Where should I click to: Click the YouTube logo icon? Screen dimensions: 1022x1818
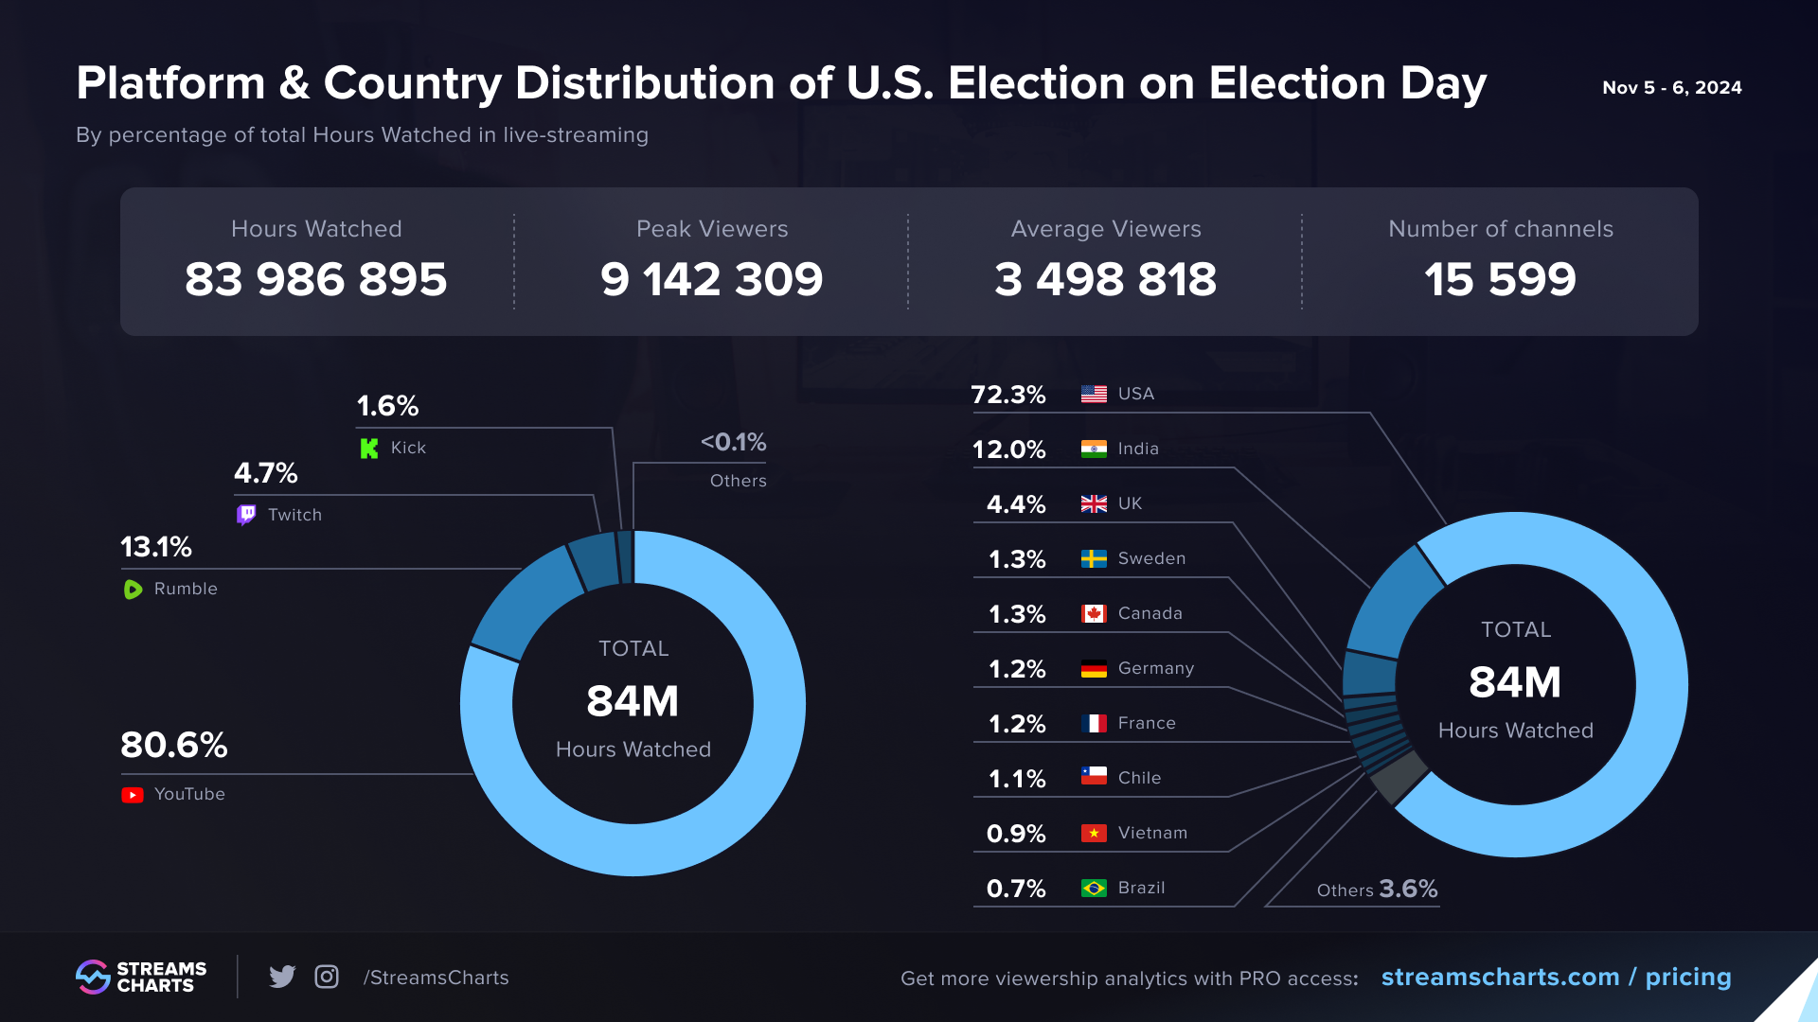[x=133, y=795]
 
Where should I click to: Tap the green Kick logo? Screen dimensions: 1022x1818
[x=369, y=449]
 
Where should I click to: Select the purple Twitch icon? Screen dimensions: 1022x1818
[x=246, y=515]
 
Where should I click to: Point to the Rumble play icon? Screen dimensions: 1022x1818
[x=133, y=590]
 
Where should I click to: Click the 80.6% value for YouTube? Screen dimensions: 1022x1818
[x=174, y=746]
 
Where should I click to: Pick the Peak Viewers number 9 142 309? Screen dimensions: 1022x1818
[x=711, y=279]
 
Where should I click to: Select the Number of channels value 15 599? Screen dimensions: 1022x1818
[x=1500, y=279]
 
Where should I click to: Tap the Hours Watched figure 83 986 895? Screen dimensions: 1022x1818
[x=315, y=279]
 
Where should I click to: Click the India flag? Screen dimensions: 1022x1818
[x=1094, y=449]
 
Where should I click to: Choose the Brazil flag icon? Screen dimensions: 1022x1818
[x=1094, y=889]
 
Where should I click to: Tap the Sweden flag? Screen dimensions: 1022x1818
[x=1094, y=559]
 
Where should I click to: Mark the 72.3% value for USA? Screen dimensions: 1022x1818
[x=1008, y=395]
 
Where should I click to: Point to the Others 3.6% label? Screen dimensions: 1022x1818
[x=1377, y=890]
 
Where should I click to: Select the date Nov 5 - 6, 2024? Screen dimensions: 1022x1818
[x=1671, y=88]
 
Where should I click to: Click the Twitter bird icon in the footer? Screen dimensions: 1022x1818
[x=282, y=977]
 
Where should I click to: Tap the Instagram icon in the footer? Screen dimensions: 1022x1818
[x=327, y=977]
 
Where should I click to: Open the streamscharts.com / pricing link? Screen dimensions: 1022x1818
[x=1556, y=977]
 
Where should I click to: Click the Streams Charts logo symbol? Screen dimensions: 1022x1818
[x=94, y=977]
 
